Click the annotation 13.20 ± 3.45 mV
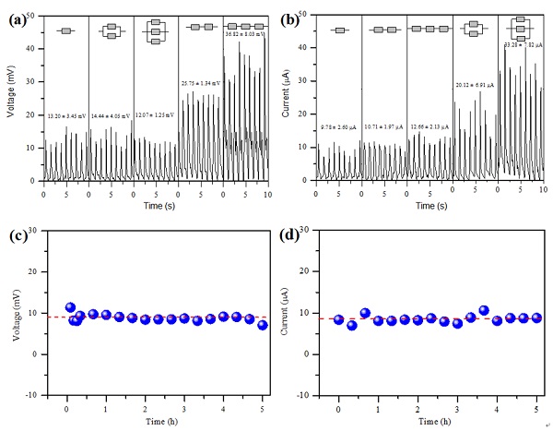click(x=65, y=116)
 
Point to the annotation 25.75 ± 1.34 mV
click(x=201, y=83)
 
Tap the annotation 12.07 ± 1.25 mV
click(x=155, y=115)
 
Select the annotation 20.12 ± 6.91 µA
click(x=475, y=85)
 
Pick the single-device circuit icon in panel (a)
click(x=65, y=30)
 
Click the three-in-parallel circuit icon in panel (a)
click(x=155, y=32)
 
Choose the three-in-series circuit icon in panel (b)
click(x=429, y=30)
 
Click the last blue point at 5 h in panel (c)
click(x=263, y=325)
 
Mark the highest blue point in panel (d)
click(x=484, y=310)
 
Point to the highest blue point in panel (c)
click(x=70, y=307)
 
